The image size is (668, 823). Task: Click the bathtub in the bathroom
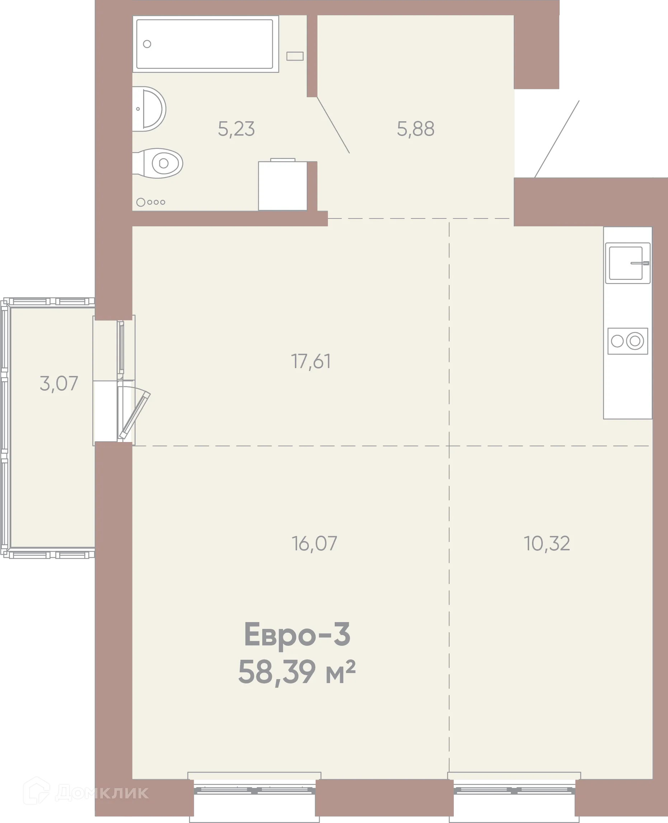pos(206,44)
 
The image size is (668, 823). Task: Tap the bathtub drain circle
pos(147,44)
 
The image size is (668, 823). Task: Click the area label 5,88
pos(415,129)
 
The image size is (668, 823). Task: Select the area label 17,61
pos(311,361)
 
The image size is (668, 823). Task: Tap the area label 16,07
pos(314,544)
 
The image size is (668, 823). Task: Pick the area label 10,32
pos(547,544)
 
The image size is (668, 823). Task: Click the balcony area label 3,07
pos(59,384)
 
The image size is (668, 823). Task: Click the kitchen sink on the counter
pos(627,263)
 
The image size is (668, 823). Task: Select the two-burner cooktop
pos(627,341)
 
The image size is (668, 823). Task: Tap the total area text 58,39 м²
pos(297,672)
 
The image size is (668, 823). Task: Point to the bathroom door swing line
pos(333,126)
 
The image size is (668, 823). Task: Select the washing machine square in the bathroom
pos(282,186)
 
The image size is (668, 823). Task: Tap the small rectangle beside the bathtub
pos(295,56)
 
